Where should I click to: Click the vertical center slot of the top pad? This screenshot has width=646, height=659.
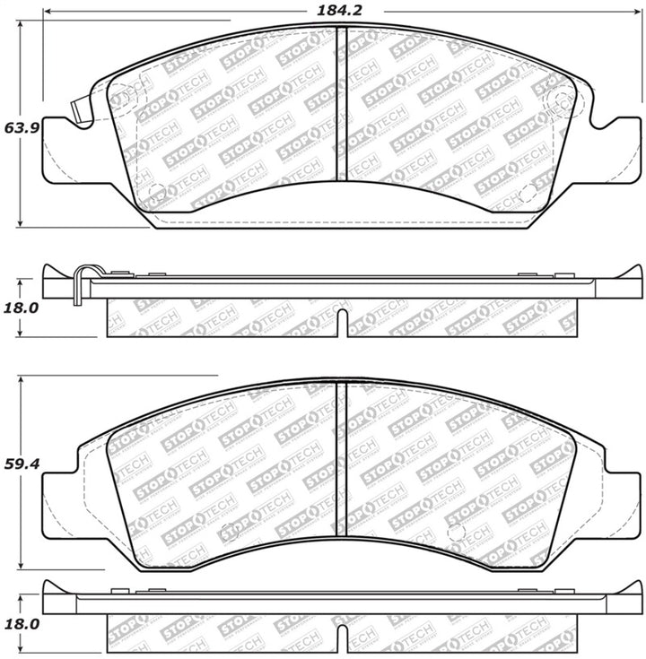pyautogui.click(x=340, y=103)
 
